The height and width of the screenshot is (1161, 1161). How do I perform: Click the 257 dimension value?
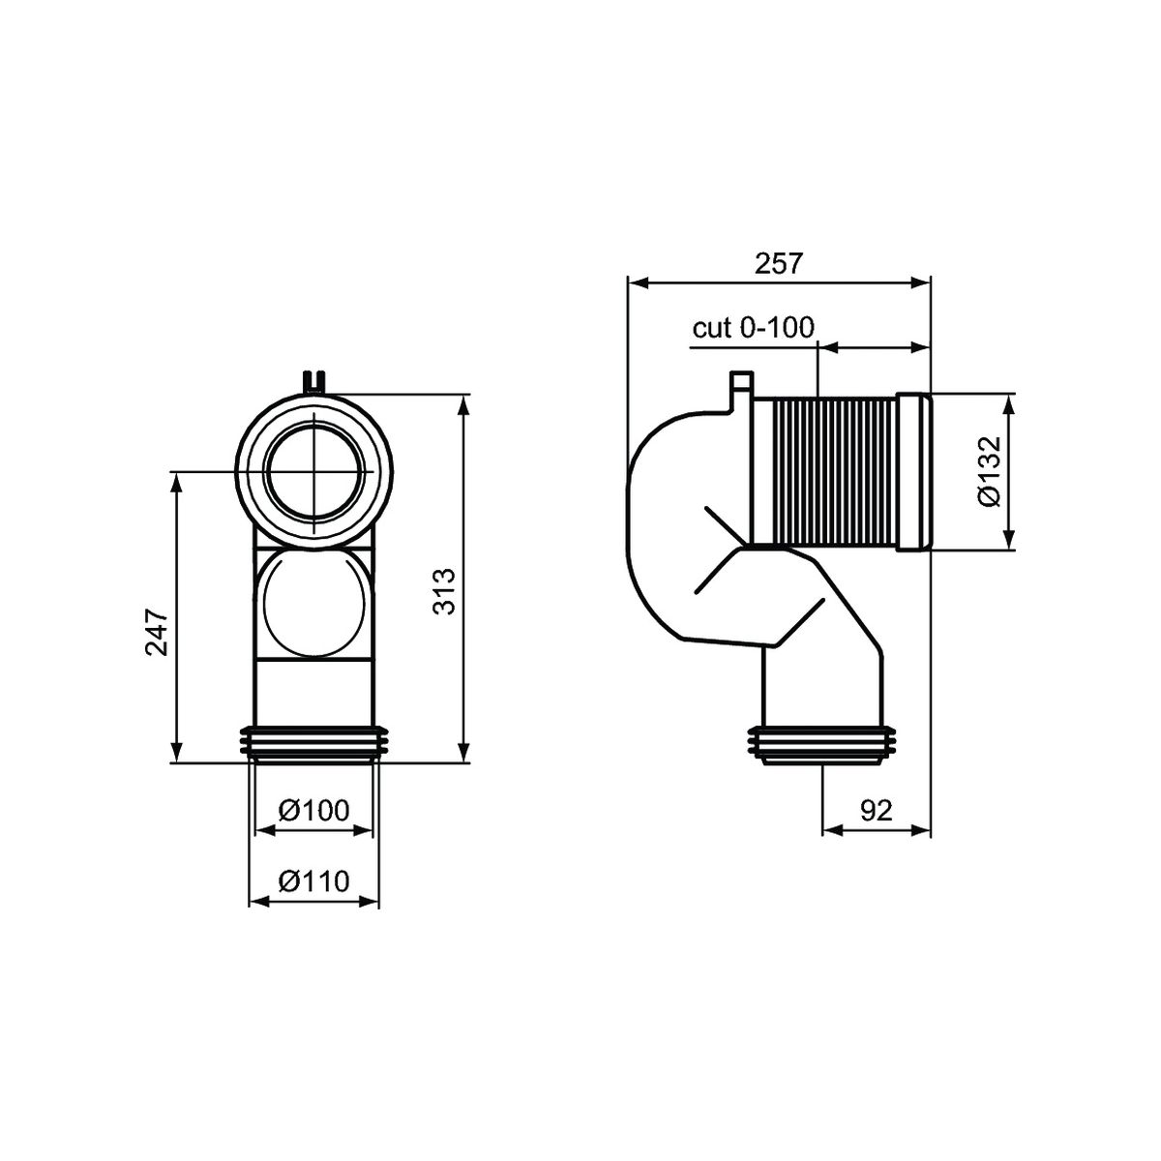click(x=779, y=264)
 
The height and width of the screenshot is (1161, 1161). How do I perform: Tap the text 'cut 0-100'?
click(x=753, y=328)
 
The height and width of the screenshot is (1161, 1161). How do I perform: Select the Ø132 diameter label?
click(x=990, y=471)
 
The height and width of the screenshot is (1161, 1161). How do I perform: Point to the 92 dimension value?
click(x=876, y=811)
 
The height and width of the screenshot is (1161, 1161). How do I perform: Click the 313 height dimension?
click(x=445, y=591)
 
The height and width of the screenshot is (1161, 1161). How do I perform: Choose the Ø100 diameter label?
click(x=313, y=811)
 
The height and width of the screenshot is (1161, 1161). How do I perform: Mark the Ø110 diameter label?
click(x=313, y=881)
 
